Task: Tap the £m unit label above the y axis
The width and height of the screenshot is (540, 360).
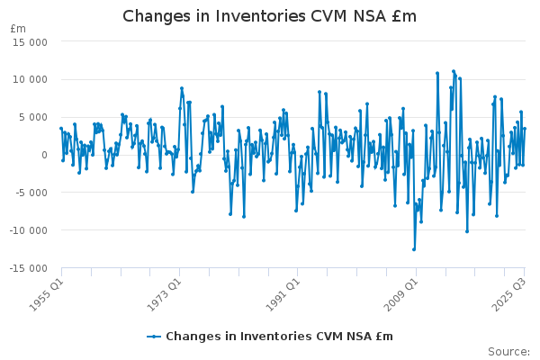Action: tap(18, 29)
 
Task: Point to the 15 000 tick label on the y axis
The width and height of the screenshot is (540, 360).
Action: tap(28, 41)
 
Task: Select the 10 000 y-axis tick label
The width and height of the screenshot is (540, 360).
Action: tap(28, 79)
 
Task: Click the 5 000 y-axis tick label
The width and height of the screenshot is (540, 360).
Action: tap(31, 117)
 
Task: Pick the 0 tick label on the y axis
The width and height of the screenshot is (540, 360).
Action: tap(44, 155)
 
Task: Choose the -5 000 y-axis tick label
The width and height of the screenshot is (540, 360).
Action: tap(30, 193)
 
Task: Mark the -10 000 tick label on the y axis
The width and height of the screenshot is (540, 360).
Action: tap(26, 230)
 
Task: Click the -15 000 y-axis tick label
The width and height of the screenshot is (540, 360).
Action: tap(26, 268)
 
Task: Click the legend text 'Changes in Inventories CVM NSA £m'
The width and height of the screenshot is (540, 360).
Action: tap(279, 337)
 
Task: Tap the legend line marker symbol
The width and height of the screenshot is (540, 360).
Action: tap(154, 337)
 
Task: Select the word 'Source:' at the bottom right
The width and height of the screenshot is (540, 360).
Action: tap(509, 351)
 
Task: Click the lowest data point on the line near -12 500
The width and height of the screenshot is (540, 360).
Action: tap(414, 249)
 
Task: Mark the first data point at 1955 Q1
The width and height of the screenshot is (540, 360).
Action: tap(61, 129)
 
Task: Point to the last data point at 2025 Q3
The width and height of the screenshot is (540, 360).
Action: tap(525, 129)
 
